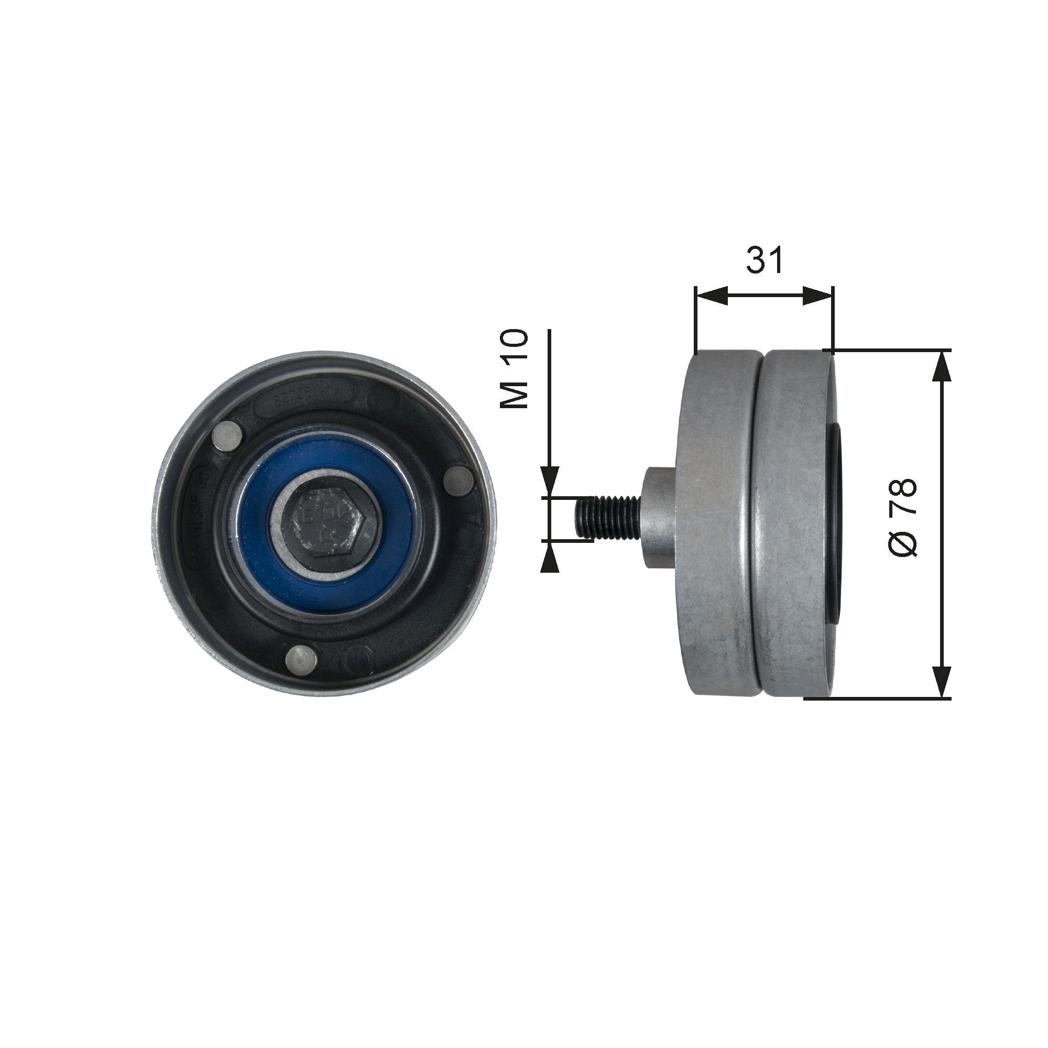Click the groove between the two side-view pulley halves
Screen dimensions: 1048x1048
pos(759,523)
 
